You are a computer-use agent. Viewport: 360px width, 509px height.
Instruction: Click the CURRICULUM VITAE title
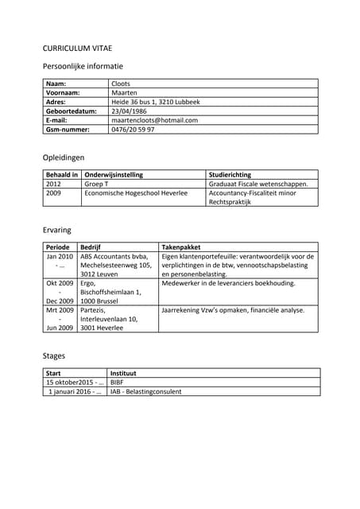point(79,47)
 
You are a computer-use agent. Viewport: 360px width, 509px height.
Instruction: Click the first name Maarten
point(125,93)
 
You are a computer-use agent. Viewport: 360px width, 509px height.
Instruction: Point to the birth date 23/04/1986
point(130,111)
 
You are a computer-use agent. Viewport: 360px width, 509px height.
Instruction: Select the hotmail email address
point(154,120)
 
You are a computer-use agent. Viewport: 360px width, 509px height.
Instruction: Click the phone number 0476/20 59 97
point(133,130)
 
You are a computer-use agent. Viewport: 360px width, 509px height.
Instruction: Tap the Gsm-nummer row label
point(68,130)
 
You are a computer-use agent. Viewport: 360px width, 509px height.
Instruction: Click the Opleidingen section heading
point(64,157)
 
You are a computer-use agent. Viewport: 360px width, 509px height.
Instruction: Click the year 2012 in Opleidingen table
point(54,184)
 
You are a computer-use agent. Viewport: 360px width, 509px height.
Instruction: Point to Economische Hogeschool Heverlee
point(136,192)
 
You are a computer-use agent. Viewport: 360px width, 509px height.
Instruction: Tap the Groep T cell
point(96,184)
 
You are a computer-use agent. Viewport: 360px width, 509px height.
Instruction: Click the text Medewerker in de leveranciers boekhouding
point(228,283)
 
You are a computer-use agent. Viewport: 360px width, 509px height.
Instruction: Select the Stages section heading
point(54,356)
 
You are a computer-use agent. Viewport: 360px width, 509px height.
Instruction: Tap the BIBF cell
point(117,382)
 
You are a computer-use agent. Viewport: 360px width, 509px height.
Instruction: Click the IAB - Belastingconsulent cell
point(146,391)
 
